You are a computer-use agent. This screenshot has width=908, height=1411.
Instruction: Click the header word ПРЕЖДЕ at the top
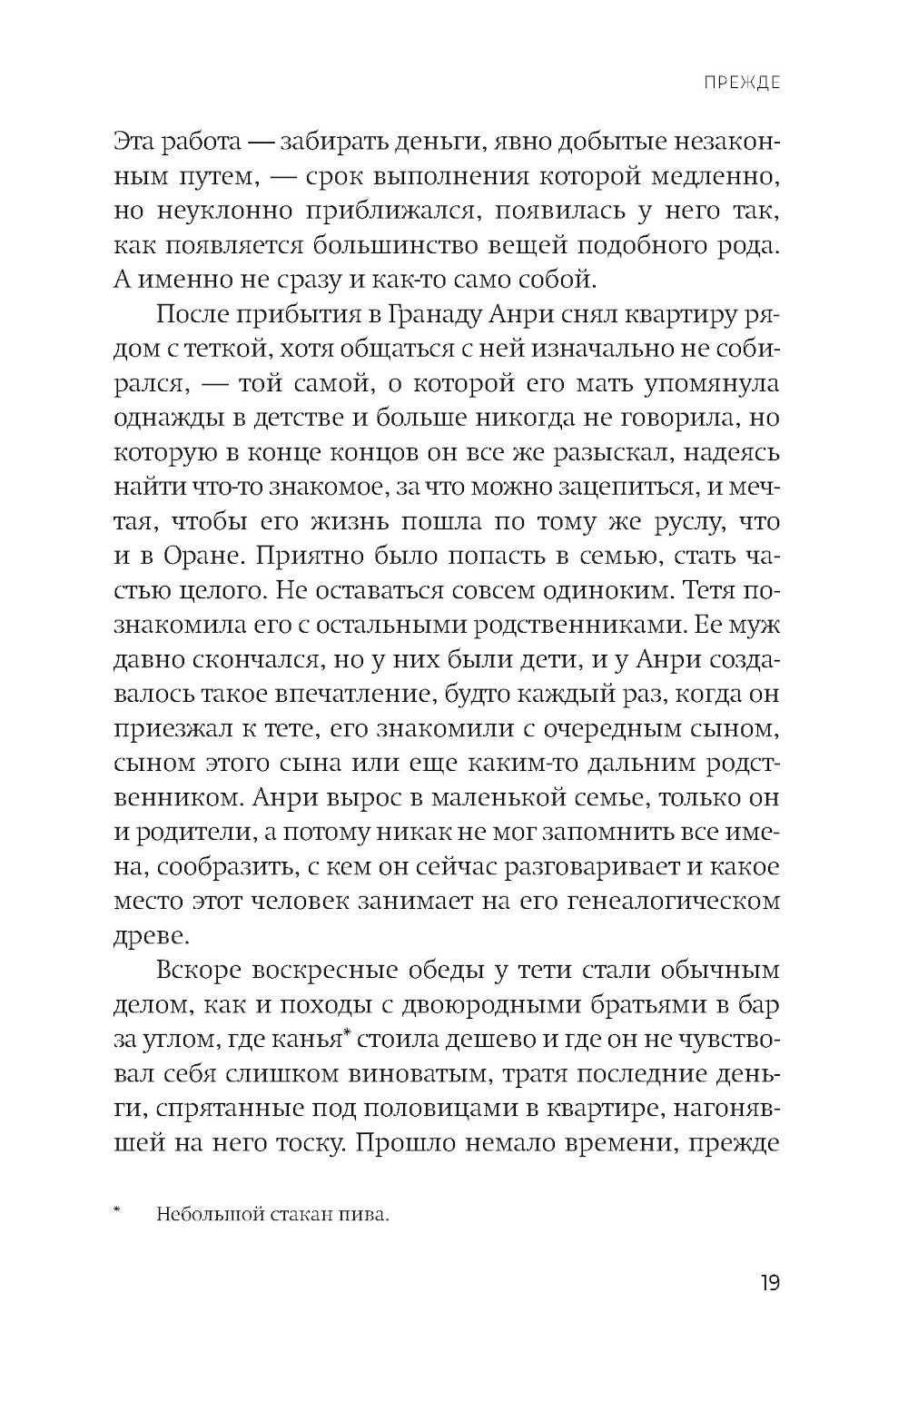[742, 83]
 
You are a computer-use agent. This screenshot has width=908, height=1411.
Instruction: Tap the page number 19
[769, 1283]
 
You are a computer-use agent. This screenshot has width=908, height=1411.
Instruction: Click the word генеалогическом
[668, 902]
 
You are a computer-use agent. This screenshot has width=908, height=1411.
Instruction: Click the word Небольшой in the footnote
[202, 1214]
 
